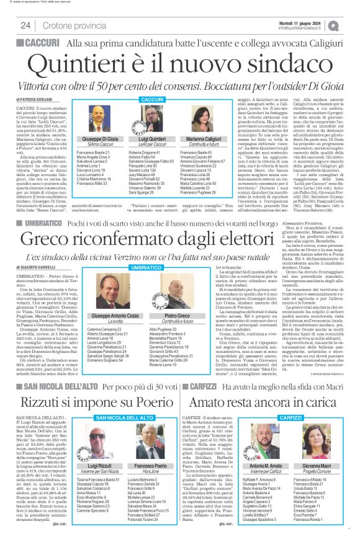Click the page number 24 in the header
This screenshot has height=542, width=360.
25,25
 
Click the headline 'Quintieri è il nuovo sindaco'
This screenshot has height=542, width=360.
180,64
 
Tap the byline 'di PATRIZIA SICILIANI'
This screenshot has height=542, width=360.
34,99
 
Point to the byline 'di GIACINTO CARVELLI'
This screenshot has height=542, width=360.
34,249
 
